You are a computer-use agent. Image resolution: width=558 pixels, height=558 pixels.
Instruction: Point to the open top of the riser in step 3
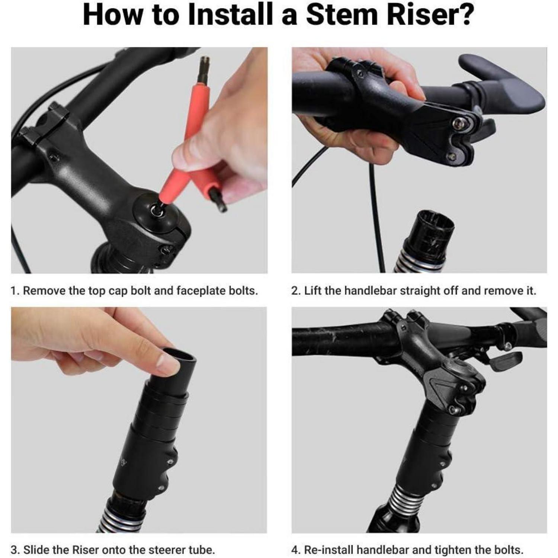(x=179, y=353)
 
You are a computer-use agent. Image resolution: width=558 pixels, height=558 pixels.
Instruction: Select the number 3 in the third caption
(x=14, y=550)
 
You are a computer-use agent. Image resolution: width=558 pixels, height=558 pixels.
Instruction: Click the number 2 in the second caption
(x=295, y=291)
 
